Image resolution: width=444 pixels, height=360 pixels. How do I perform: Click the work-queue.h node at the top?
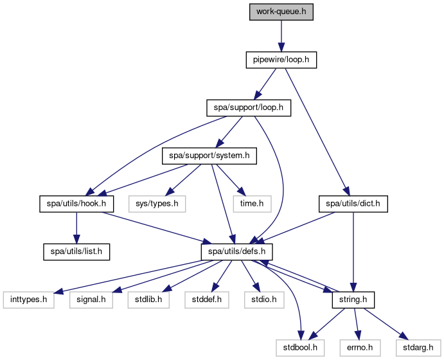click(281, 12)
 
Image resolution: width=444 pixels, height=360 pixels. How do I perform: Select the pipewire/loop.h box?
click(281, 60)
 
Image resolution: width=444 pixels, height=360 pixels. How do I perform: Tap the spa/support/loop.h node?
click(248, 107)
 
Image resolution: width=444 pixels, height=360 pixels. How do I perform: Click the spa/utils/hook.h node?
click(76, 204)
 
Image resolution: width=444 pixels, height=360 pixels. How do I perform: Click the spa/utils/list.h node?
click(76, 251)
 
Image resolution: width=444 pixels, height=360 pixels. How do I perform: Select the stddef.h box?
click(202, 300)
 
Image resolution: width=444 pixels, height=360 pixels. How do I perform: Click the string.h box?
click(353, 300)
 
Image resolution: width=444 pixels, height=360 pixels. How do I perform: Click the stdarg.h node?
click(415, 348)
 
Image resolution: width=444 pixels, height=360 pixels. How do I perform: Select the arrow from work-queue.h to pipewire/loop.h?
click(281, 35)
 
